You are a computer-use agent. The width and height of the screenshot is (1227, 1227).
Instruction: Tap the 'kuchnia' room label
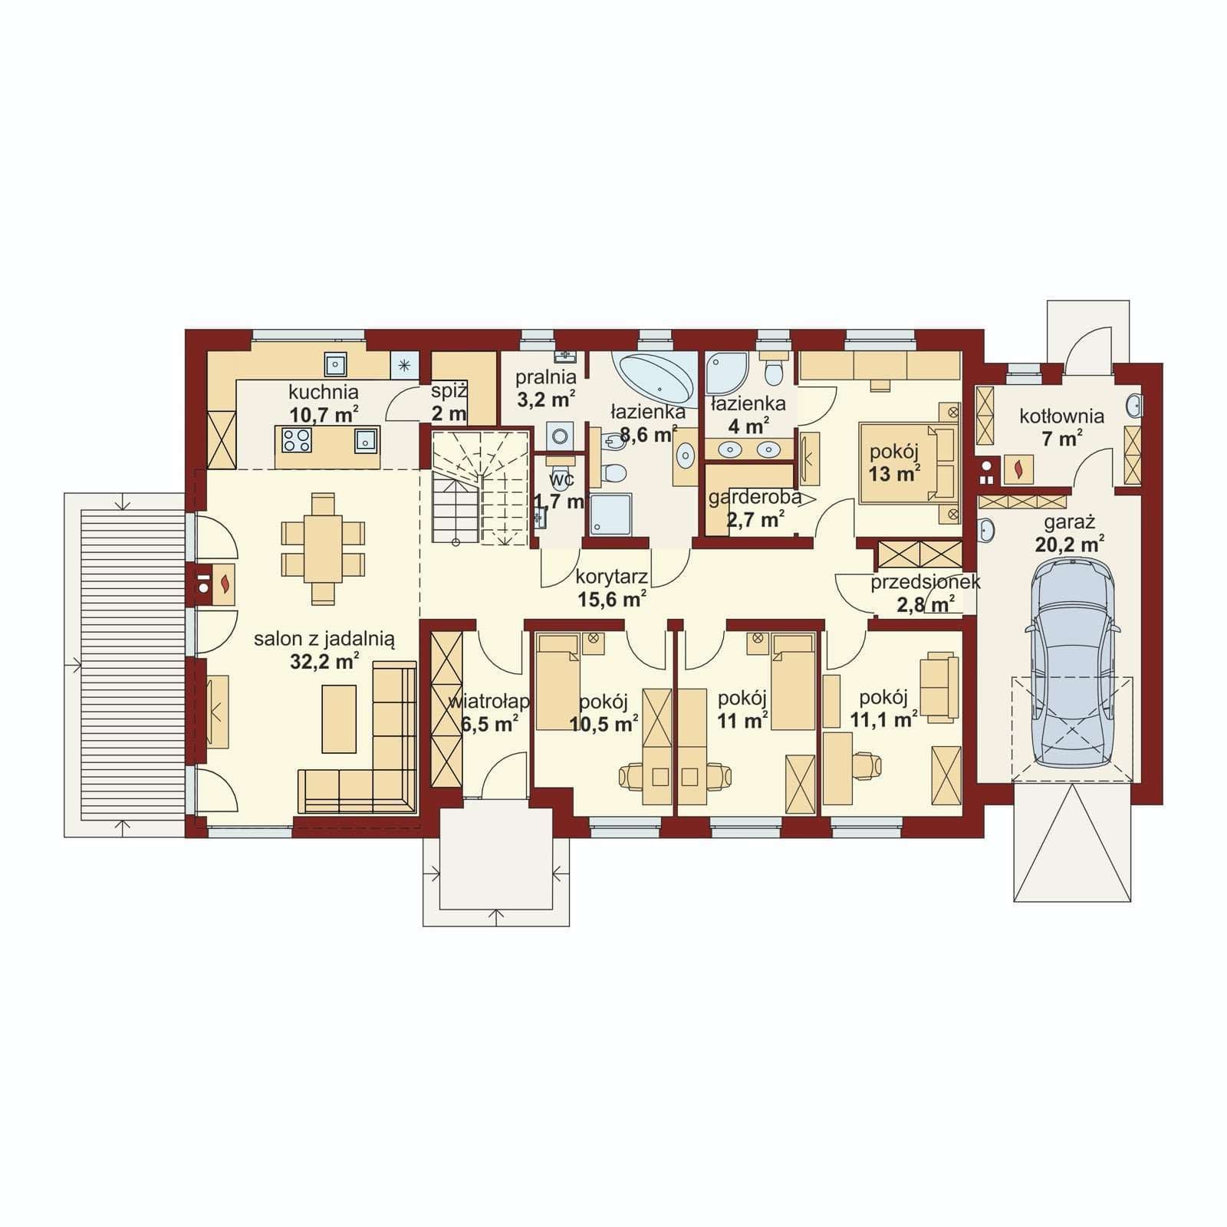point(324,392)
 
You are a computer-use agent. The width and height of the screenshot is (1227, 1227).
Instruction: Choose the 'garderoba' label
point(755,497)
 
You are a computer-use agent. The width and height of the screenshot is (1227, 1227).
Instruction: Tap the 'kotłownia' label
point(1062,416)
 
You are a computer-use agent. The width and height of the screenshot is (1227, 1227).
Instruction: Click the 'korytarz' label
point(612,577)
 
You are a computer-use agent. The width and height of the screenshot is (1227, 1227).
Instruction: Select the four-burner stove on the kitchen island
point(297,439)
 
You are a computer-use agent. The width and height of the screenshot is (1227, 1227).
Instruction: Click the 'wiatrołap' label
point(488,701)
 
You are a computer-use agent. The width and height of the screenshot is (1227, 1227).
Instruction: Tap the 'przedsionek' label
point(926,582)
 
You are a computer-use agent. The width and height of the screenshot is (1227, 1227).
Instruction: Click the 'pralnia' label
point(545,377)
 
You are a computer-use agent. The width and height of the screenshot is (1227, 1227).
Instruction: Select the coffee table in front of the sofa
point(339,719)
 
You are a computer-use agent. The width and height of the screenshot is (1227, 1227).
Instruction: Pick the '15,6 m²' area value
point(612,599)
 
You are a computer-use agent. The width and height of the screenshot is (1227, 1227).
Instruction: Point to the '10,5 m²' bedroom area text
point(604,722)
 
